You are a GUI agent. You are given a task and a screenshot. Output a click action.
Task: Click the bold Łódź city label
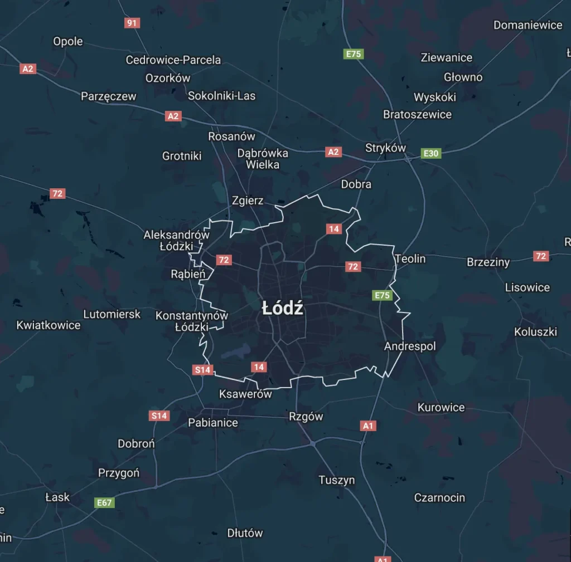click(x=283, y=309)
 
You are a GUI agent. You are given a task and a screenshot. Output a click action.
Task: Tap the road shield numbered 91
click(x=132, y=23)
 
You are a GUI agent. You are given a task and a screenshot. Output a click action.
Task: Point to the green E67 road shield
click(x=104, y=502)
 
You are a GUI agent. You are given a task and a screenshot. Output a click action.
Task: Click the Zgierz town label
click(x=248, y=201)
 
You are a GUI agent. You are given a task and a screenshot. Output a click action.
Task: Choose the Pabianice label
click(x=213, y=422)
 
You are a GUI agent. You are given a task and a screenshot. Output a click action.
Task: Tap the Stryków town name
click(x=385, y=148)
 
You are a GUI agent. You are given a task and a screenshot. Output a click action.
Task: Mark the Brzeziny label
click(x=488, y=262)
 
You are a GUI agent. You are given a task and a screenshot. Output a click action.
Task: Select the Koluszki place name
click(x=535, y=332)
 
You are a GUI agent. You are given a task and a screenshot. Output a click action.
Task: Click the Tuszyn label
click(x=337, y=480)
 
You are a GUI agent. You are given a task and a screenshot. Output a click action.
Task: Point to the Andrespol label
click(x=410, y=346)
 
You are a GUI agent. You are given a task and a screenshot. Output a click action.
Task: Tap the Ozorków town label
click(x=168, y=78)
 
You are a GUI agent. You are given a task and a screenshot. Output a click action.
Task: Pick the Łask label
click(x=57, y=497)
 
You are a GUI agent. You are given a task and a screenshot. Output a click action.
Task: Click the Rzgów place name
click(x=306, y=417)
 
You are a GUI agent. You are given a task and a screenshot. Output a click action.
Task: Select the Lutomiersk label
click(x=112, y=314)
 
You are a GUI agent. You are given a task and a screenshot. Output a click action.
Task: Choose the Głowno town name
click(x=463, y=77)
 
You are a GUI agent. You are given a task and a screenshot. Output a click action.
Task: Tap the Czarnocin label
click(x=439, y=497)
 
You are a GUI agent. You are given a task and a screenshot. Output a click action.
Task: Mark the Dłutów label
click(x=245, y=533)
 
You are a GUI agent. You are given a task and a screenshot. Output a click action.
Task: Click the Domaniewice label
click(x=528, y=25)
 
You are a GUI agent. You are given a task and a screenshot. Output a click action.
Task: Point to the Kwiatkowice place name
click(x=49, y=325)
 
